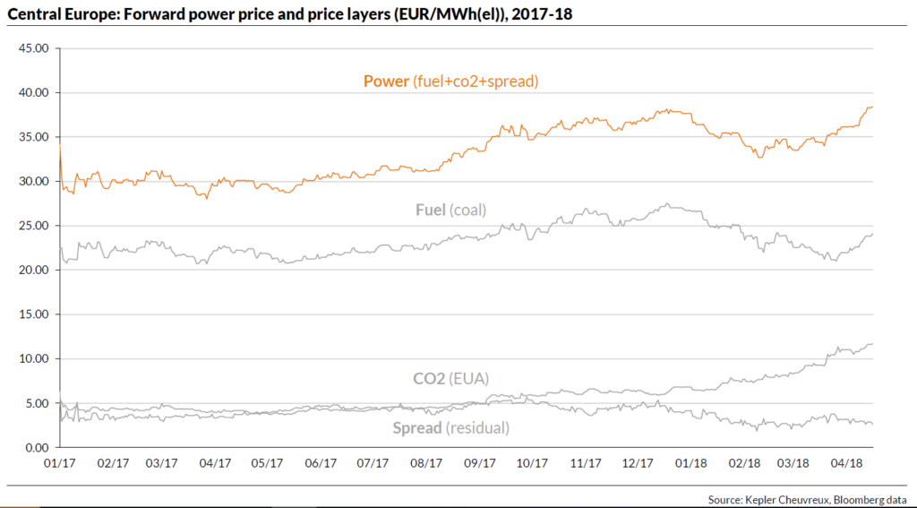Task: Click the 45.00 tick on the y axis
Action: point(32,48)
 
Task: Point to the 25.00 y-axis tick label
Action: point(32,226)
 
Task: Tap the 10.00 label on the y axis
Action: point(32,358)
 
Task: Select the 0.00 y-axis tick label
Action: point(36,447)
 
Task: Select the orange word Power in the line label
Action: point(385,82)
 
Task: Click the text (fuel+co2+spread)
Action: point(476,82)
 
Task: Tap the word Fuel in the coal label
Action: point(432,211)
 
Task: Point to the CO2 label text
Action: point(429,378)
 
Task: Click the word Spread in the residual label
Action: point(416,428)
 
